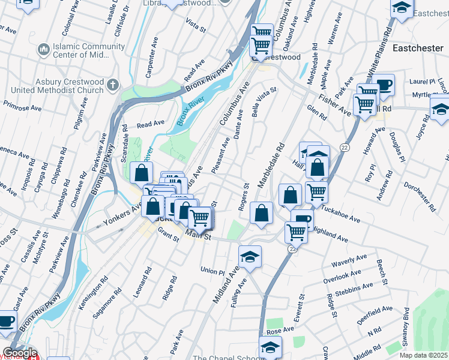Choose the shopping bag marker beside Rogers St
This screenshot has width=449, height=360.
click(x=261, y=213)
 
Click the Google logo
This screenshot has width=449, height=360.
click(x=20, y=353)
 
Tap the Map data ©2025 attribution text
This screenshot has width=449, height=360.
click(x=423, y=355)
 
